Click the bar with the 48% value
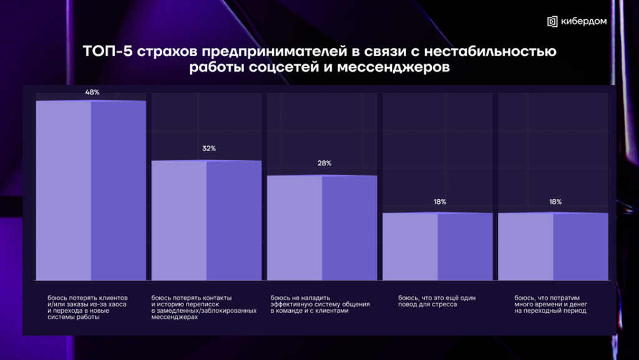pyautogui.click(x=91, y=190)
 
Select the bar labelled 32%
pyautogui.click(x=207, y=220)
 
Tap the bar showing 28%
pyautogui.click(x=322, y=228)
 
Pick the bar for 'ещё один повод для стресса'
pyautogui.click(x=437, y=246)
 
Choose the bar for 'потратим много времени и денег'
pyautogui.click(x=553, y=246)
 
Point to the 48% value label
pyautogui.click(x=92, y=92)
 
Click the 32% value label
pyautogui.click(x=208, y=148)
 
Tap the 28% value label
pyautogui.click(x=324, y=163)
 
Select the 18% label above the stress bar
pyautogui.click(x=439, y=202)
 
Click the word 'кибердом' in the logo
pyautogui.click(x=583, y=21)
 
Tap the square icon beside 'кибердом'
pyautogui.click(x=552, y=21)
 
